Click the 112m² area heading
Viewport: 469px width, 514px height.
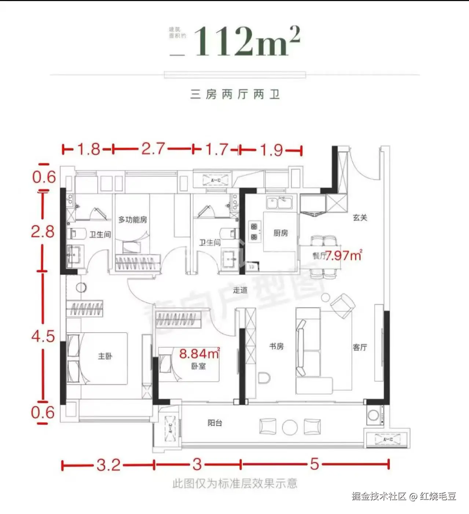[x=246, y=41]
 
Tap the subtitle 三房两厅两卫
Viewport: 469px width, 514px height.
[x=235, y=94]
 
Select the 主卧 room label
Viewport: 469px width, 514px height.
[x=105, y=356]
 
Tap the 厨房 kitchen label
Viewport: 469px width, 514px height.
[x=281, y=233]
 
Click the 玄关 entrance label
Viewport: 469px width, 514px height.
[x=360, y=218]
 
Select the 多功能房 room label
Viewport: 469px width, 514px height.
[x=132, y=220]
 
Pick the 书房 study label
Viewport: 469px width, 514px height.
[x=276, y=346]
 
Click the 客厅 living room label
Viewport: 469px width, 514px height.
[x=360, y=347]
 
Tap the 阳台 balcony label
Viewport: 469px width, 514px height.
[x=215, y=423]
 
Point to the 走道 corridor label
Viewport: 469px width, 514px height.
[x=240, y=290]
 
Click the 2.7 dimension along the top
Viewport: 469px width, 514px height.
[x=153, y=149]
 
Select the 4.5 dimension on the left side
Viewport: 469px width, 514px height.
[x=43, y=336]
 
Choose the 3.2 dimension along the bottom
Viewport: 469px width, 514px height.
[x=109, y=465]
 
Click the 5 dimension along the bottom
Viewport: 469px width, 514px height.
[x=314, y=464]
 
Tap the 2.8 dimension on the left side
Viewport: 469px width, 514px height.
[x=43, y=231]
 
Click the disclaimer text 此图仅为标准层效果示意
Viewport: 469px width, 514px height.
[x=235, y=484]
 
